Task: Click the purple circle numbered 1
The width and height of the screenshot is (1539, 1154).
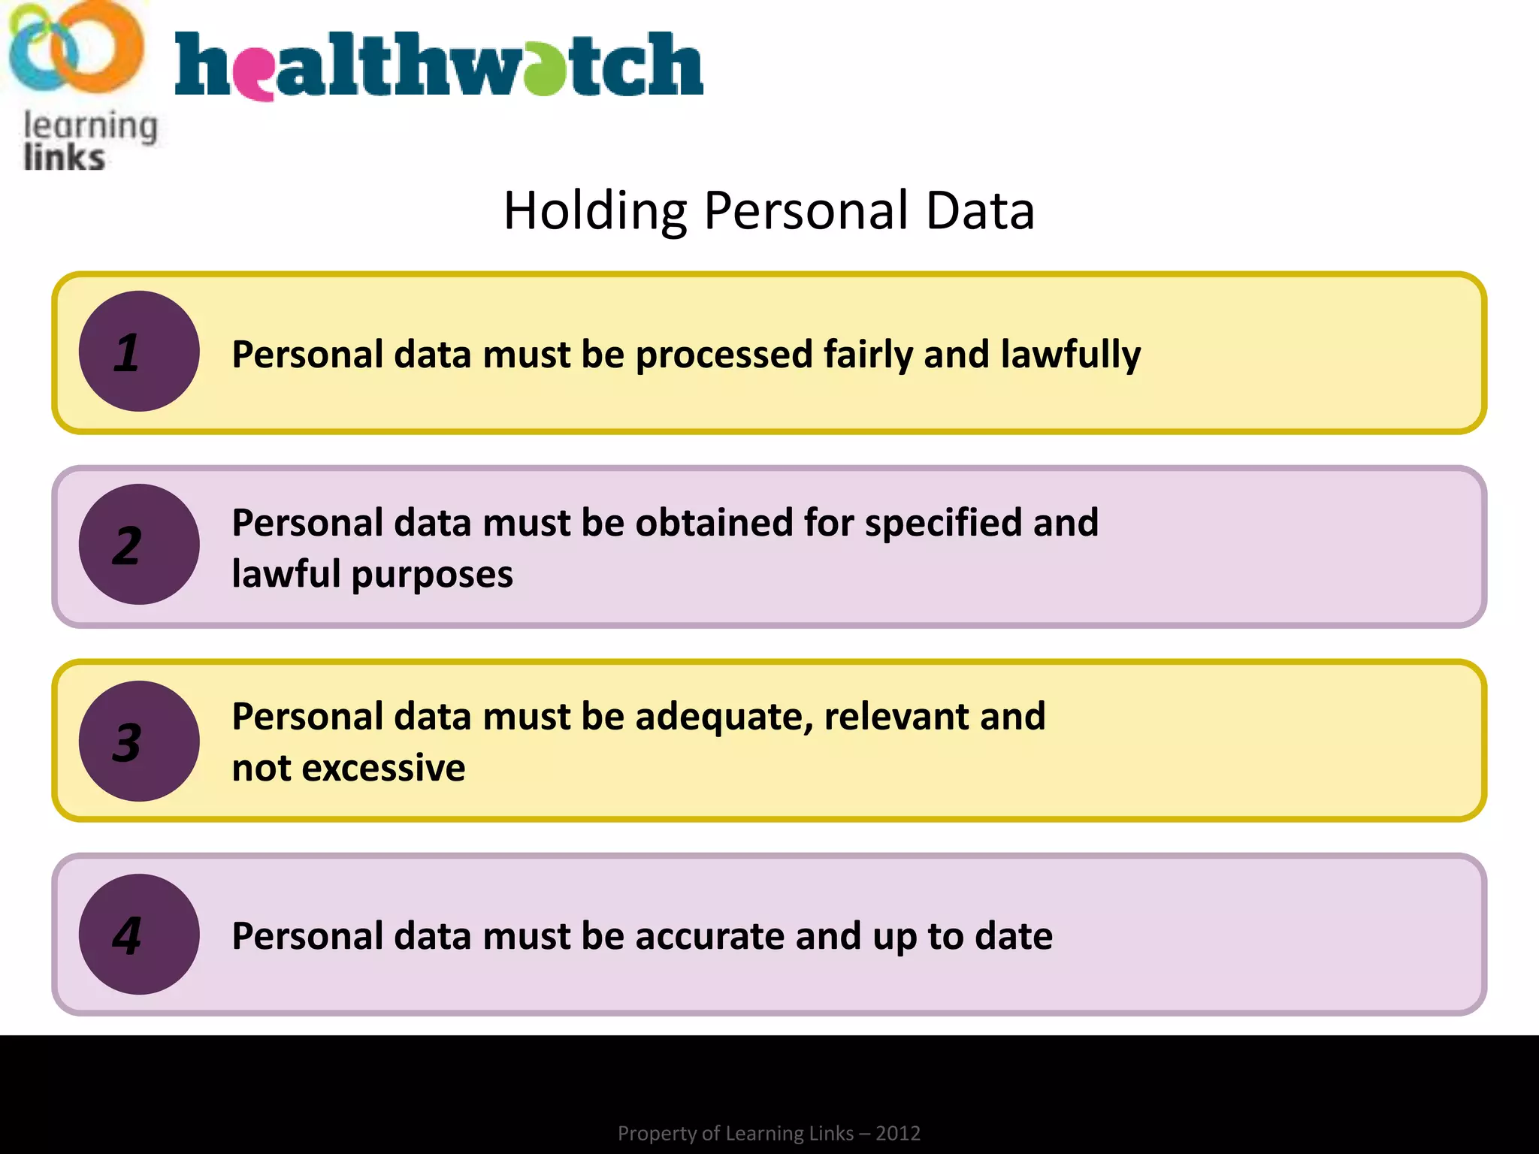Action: click(x=139, y=352)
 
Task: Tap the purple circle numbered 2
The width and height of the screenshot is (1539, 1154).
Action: click(x=139, y=545)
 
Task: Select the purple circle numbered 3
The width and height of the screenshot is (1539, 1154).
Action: click(x=139, y=742)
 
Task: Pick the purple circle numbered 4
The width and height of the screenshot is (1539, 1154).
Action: click(x=139, y=935)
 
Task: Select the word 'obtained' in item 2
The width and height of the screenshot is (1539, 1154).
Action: click(x=714, y=523)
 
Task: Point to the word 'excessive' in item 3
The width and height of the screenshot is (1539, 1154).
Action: click(x=383, y=768)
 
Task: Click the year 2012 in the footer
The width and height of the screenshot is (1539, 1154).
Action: click(x=898, y=1133)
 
